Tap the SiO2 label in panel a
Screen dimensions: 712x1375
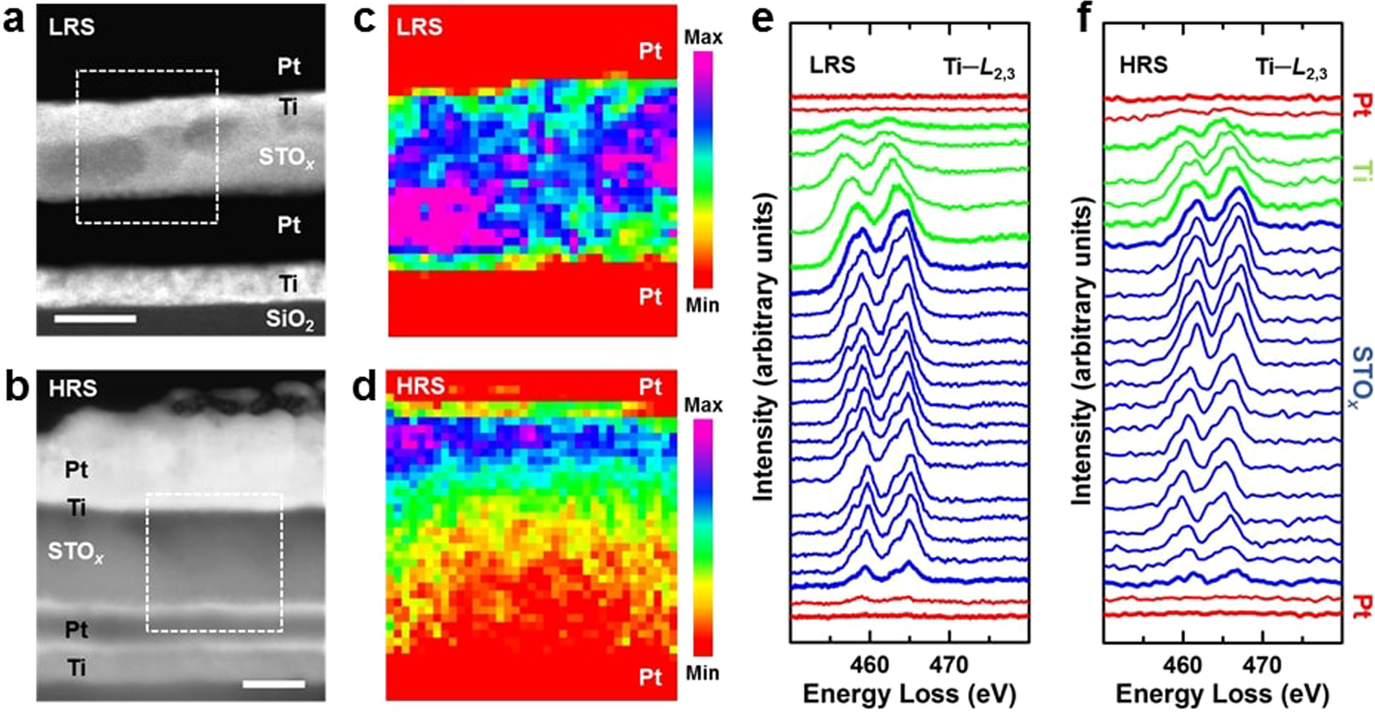point(289,319)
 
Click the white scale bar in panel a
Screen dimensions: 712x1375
point(95,318)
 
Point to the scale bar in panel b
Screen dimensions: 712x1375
point(273,684)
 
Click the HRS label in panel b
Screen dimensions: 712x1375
point(73,388)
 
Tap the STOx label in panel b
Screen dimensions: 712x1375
point(75,552)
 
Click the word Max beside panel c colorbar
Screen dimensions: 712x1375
point(703,37)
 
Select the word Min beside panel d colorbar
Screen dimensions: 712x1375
point(702,672)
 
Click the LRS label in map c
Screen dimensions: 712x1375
point(419,27)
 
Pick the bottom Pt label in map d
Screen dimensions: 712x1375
point(650,677)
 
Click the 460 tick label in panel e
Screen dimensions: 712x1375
point(869,665)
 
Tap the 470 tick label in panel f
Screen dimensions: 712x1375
point(1262,665)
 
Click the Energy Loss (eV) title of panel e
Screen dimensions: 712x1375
point(909,693)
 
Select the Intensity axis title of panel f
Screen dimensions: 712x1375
point(1083,354)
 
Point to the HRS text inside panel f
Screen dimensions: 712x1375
point(1143,66)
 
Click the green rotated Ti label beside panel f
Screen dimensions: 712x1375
point(1360,171)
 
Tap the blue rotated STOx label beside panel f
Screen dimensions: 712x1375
point(1360,376)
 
